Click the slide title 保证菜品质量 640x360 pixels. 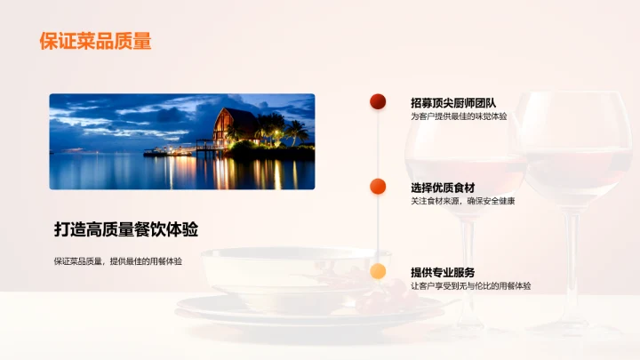point(95,41)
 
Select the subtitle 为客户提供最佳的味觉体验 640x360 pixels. point(459,116)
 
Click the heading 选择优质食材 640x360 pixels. point(443,188)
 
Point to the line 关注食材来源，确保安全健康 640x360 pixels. point(462,202)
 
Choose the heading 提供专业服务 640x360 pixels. point(443,272)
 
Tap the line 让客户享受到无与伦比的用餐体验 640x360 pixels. point(471,286)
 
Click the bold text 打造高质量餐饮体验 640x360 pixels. point(126,229)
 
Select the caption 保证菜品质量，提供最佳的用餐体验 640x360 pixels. point(118,261)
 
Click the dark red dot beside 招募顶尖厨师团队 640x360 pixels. point(378,102)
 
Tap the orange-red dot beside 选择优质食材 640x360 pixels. point(378,187)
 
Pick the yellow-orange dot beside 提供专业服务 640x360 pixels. point(378,272)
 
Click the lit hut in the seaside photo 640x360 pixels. point(235,127)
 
